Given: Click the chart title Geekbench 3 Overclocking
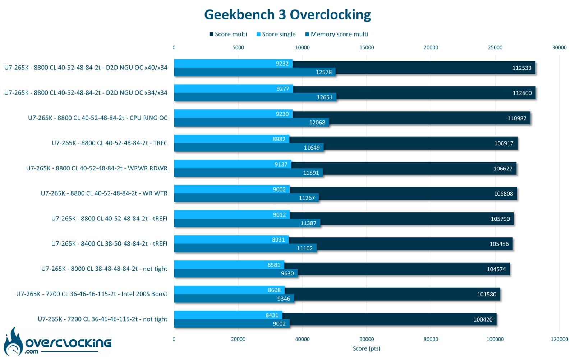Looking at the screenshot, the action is tap(287, 15).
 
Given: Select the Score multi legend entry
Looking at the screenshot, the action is tap(228, 34).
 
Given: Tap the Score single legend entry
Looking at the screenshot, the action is tap(276, 34).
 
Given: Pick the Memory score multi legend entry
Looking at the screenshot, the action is tap(336, 34).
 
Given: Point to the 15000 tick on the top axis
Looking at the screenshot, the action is tap(367, 47).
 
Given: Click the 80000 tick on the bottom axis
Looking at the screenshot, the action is tap(431, 339).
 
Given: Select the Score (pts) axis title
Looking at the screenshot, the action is tap(367, 348).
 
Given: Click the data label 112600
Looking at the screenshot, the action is tap(522, 93).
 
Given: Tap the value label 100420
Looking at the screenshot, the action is tap(483, 319).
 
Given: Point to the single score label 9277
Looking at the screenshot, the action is tap(282, 89).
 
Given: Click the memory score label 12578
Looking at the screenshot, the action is tap(324, 72).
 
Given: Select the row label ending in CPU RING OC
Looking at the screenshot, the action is tap(97, 118).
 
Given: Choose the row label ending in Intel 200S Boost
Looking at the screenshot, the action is tap(92, 294).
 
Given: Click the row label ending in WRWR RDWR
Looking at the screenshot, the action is tap(97, 168).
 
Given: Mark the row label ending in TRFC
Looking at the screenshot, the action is tap(109, 143).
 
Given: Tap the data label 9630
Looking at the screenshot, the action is tap(287, 273).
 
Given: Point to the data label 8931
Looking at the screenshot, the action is tap(278, 240).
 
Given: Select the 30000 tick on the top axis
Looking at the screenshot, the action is tap(559, 47).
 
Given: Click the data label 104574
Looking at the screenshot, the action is tap(496, 269).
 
